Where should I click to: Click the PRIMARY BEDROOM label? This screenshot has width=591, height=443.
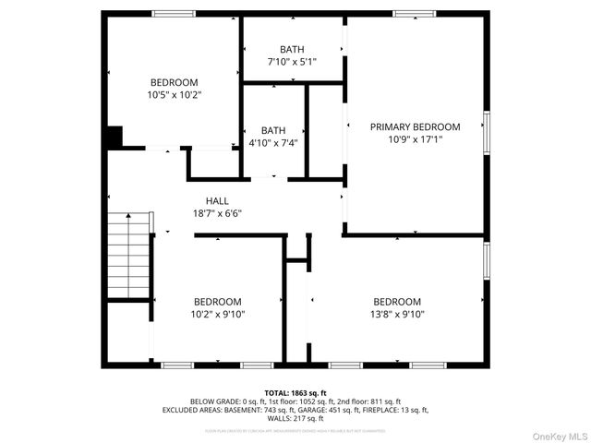point(415,126)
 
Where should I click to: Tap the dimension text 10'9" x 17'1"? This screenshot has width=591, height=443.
point(415,140)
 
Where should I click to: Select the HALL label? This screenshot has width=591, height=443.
point(217,200)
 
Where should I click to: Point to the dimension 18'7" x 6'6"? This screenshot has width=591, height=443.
point(217,213)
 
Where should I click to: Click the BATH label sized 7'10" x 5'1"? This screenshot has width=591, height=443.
point(292,49)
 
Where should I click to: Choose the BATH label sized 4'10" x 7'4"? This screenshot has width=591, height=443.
point(273,130)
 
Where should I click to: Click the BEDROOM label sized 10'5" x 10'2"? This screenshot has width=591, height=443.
point(174,82)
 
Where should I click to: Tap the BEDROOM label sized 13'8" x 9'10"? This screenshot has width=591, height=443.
point(397,302)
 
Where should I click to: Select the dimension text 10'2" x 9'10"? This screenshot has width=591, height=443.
point(218,315)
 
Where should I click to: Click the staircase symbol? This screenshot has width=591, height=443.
point(129,255)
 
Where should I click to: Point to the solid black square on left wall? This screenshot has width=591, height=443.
point(113,137)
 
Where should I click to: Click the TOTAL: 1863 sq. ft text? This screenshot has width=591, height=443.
point(295,392)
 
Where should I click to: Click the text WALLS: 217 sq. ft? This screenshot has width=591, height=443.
point(295,418)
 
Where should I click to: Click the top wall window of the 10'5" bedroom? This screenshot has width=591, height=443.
point(174,13)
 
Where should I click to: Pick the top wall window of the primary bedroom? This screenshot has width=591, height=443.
point(414,13)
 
